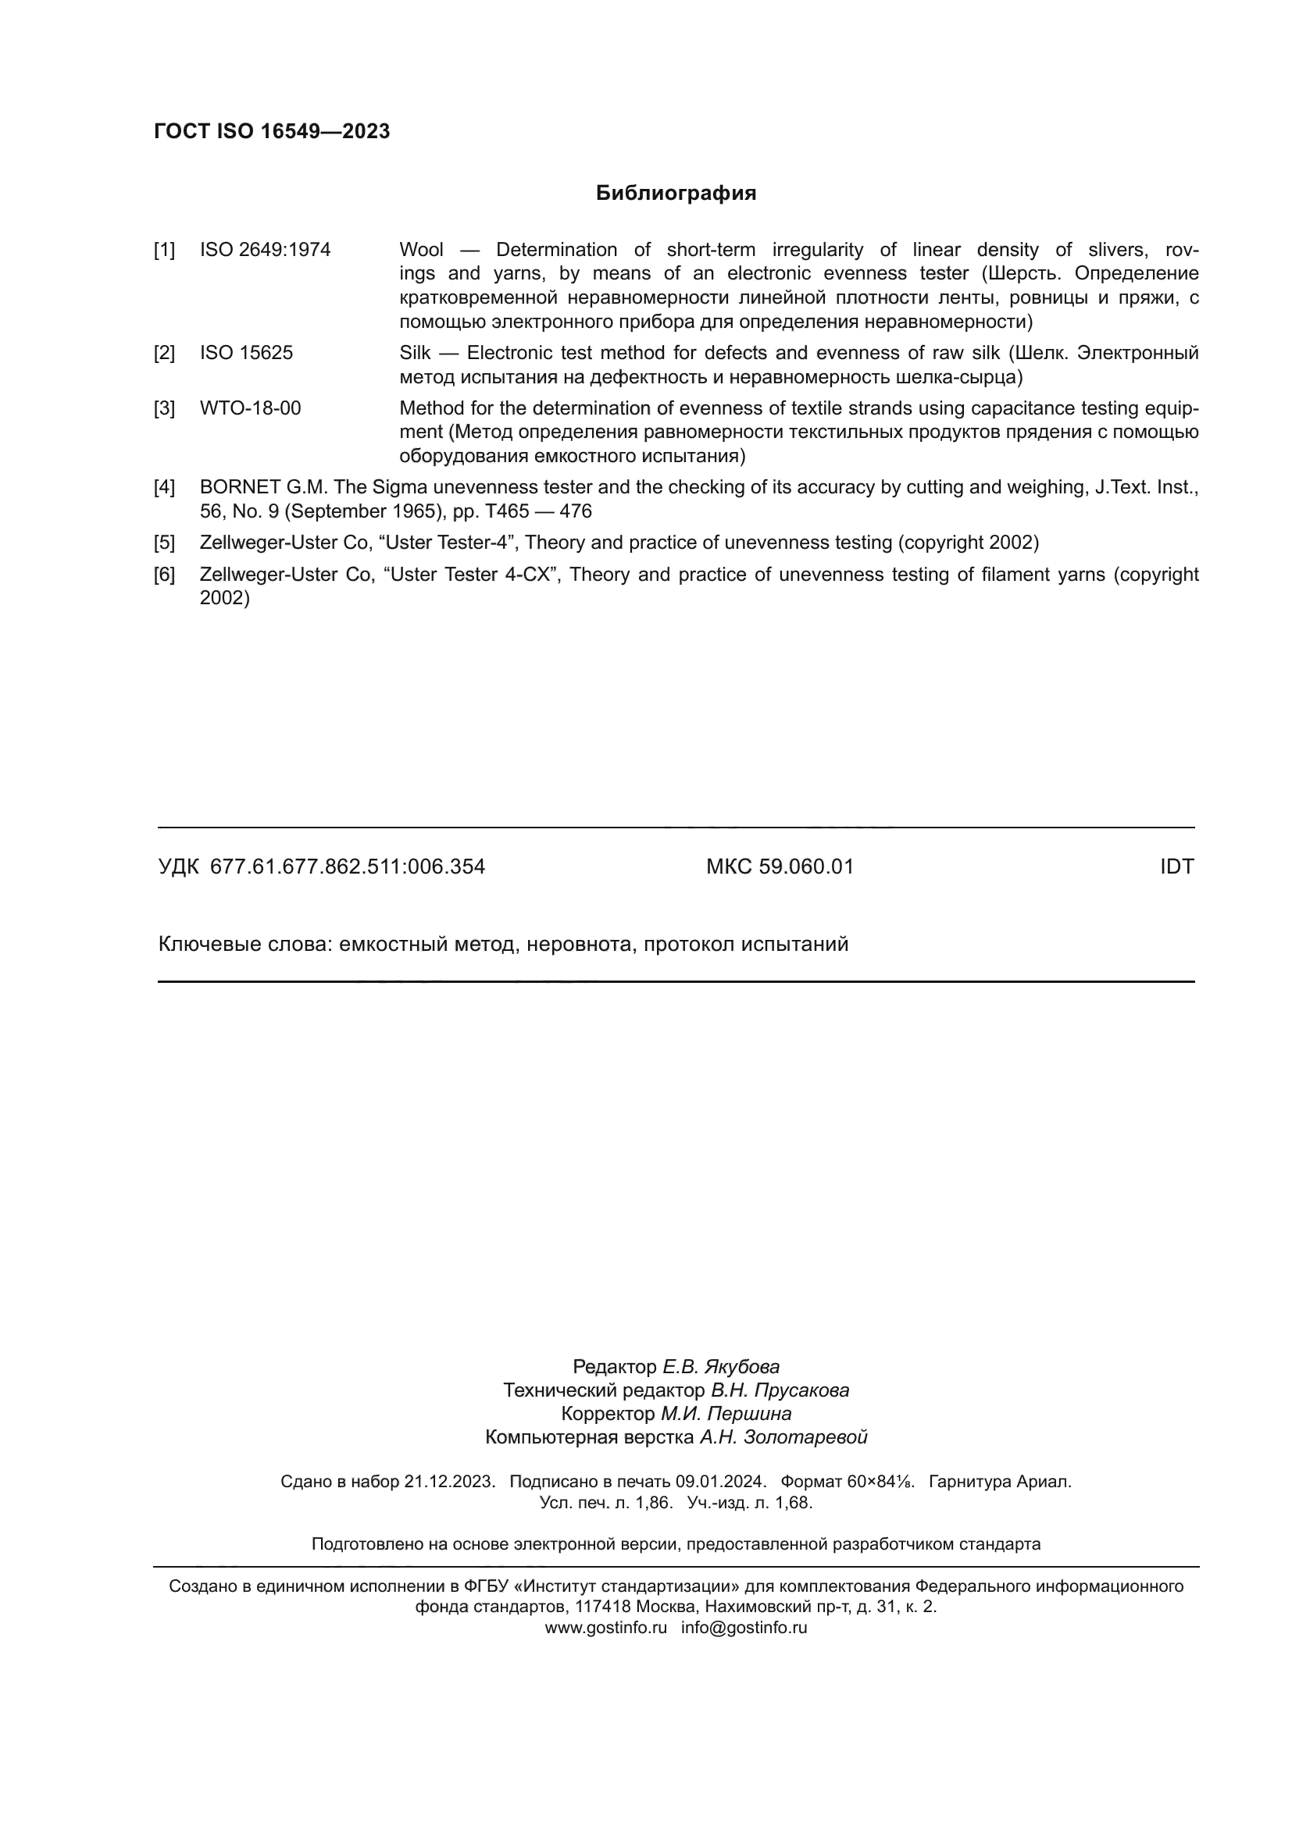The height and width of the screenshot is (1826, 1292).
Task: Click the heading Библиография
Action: click(x=676, y=194)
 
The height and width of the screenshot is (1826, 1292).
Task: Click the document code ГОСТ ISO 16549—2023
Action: click(x=271, y=131)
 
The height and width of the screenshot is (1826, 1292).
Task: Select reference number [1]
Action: click(x=164, y=250)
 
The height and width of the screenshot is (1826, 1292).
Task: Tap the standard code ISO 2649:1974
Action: click(x=265, y=250)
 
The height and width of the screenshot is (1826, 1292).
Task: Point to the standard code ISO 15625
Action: click(x=246, y=352)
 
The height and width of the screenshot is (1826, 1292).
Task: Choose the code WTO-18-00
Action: click(x=250, y=408)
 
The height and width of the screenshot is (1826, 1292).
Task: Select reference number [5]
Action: click(x=164, y=543)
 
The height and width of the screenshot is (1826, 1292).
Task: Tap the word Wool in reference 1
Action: click(x=421, y=250)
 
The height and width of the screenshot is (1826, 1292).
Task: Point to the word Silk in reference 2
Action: click(x=415, y=352)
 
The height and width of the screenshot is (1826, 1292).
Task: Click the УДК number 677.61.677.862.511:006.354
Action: click(x=347, y=867)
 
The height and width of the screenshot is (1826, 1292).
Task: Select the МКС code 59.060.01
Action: click(x=806, y=867)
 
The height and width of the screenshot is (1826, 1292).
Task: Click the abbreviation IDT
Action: click(x=1176, y=867)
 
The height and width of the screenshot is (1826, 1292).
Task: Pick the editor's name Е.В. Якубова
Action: click(x=721, y=1366)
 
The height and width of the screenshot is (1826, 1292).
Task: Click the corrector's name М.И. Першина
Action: click(x=726, y=1413)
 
